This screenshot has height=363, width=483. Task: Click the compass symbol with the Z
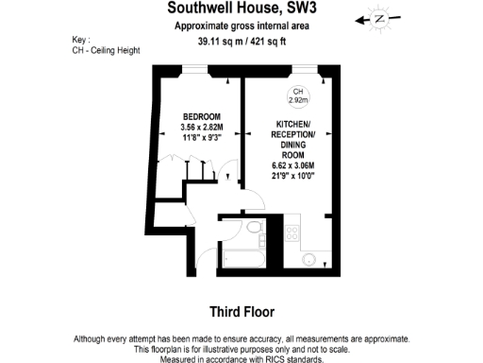tap(380, 18)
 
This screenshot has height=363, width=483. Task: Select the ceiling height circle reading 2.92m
tap(297, 95)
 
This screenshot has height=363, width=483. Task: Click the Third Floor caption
tap(241, 311)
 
